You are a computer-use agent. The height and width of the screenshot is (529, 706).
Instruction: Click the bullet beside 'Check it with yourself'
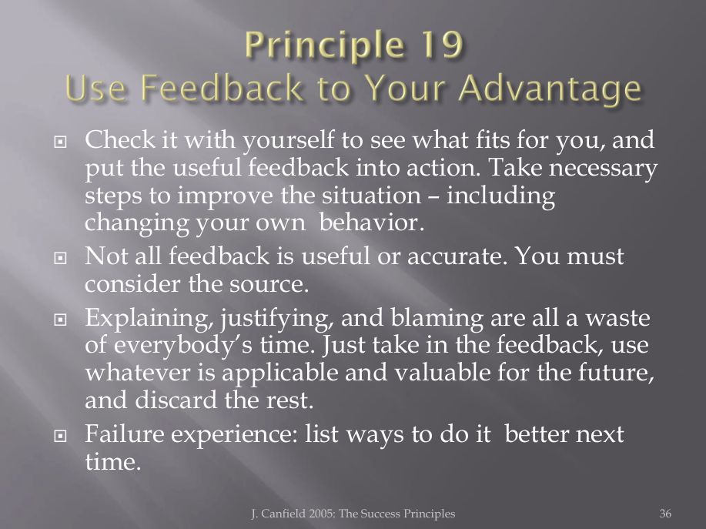coord(60,142)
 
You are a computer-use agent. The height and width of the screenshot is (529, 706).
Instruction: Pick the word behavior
coord(371,223)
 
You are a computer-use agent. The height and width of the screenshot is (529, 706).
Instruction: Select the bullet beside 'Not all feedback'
coord(60,258)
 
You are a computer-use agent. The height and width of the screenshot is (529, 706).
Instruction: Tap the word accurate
coord(457,256)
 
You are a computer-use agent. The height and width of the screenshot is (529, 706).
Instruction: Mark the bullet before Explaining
coord(60,320)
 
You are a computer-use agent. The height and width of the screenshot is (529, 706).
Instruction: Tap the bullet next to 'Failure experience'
coord(60,436)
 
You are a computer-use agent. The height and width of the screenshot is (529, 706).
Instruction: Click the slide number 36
coord(665,514)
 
